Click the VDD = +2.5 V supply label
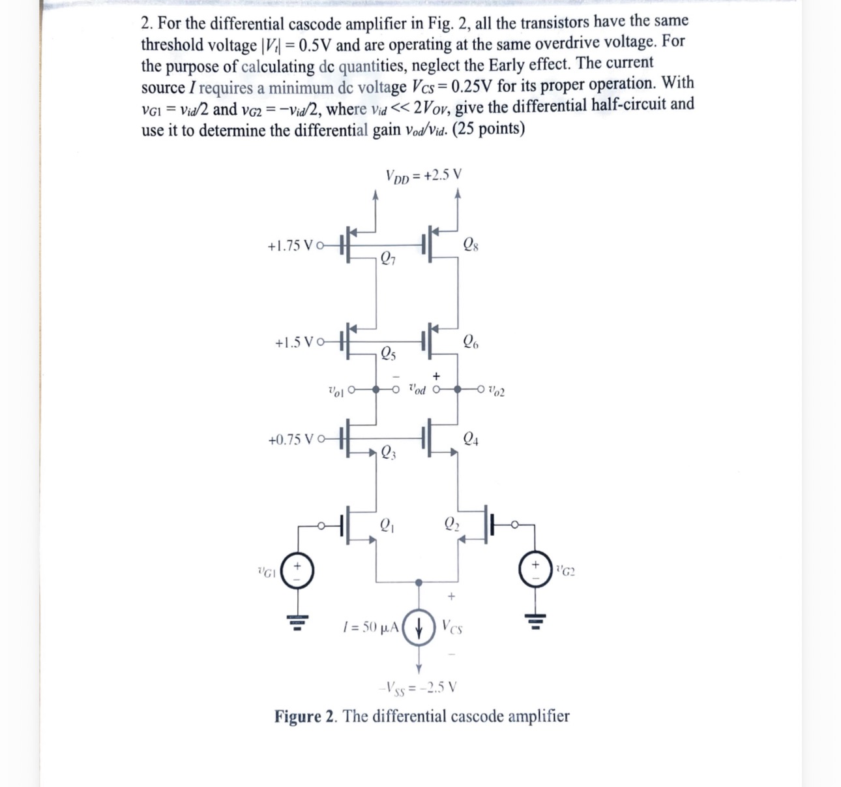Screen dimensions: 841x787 coord(423,176)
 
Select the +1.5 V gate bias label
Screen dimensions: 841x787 coord(295,342)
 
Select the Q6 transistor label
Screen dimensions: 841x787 coord(471,341)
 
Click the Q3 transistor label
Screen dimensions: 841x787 coord(388,451)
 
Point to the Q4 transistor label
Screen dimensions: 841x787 coord(471,439)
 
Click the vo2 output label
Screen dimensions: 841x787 coord(495,391)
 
